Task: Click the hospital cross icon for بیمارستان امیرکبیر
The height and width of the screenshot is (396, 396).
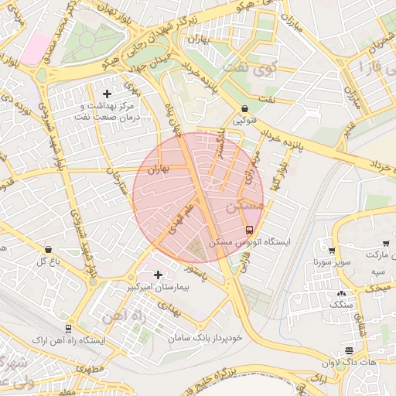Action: point(159,275)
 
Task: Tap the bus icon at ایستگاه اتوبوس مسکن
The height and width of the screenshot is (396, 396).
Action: point(248,230)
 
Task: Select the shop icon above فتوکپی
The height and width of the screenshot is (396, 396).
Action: point(244,109)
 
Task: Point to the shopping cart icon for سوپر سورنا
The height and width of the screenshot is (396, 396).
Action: point(332,251)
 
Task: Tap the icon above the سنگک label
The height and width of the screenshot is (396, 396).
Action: point(341,294)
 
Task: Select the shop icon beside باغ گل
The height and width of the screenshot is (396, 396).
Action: point(49,250)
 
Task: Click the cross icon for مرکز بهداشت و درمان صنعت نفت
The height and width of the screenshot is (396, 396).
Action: point(107,93)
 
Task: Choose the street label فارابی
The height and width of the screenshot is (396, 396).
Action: point(246,262)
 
